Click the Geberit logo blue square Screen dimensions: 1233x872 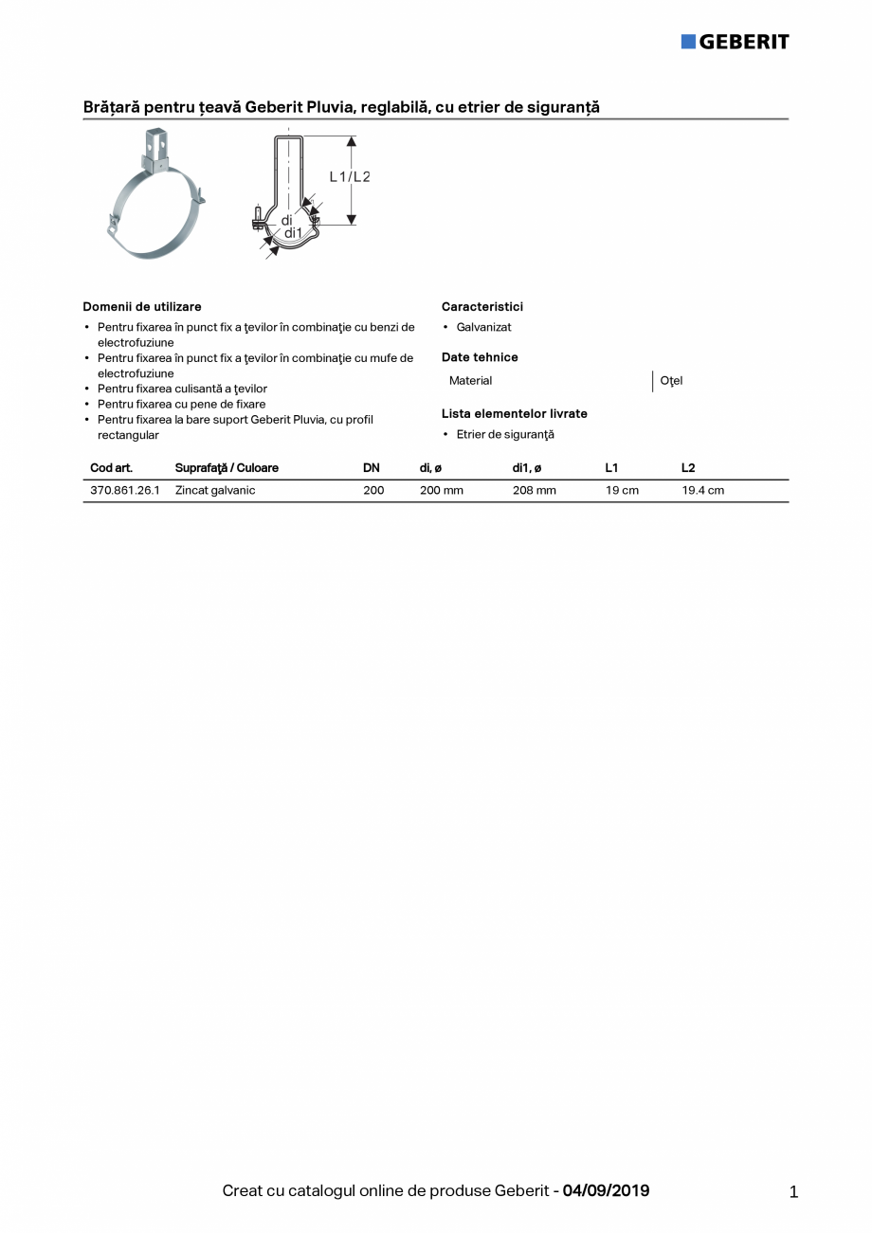coord(688,41)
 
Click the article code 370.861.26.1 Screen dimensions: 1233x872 coord(125,491)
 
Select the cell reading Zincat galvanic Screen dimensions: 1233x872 coord(215,491)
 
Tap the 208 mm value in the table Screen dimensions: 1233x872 coord(535,491)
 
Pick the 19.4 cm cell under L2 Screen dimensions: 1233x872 coord(702,491)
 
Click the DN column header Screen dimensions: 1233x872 coord(372,468)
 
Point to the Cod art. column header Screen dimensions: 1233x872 coord(111,468)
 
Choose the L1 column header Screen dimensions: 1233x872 coord(611,468)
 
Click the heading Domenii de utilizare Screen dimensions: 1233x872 coord(142,307)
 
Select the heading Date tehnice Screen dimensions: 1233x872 coord(480,357)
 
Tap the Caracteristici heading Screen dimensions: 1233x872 coord(482,307)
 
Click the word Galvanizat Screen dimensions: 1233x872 coord(483,327)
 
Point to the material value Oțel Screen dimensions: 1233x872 coord(671,381)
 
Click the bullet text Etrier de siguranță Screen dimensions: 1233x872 coord(505,435)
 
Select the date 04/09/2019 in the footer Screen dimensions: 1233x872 coord(606,1190)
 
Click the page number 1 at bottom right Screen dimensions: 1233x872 coord(793,1192)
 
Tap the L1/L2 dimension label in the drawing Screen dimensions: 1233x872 coord(349,177)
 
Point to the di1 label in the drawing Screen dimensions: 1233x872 coord(293,233)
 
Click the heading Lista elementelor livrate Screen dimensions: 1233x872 coord(515,414)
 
